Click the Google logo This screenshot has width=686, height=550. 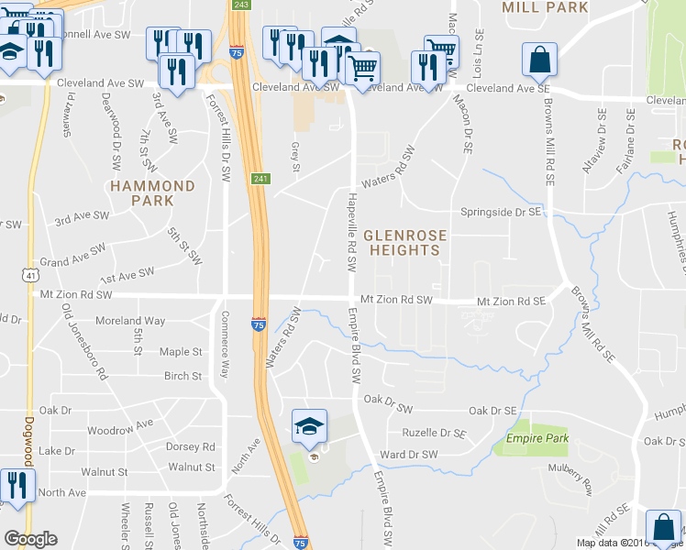pos(30,539)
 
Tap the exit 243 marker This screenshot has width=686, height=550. pos(240,5)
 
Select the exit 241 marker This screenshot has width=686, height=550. pos(260,179)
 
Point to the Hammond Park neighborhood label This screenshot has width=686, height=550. pos(152,192)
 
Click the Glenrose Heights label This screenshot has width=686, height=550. pos(403,242)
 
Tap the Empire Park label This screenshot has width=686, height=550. pos(537,439)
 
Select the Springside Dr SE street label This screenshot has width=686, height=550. pos(502,211)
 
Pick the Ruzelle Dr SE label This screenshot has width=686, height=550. pos(435,433)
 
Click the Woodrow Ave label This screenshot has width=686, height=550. pos(120,427)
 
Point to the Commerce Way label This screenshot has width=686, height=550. pos(224,344)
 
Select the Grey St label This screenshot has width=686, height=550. pos(295,156)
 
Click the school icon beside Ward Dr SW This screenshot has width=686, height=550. pos(309,424)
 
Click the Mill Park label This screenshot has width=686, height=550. pos(545,7)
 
